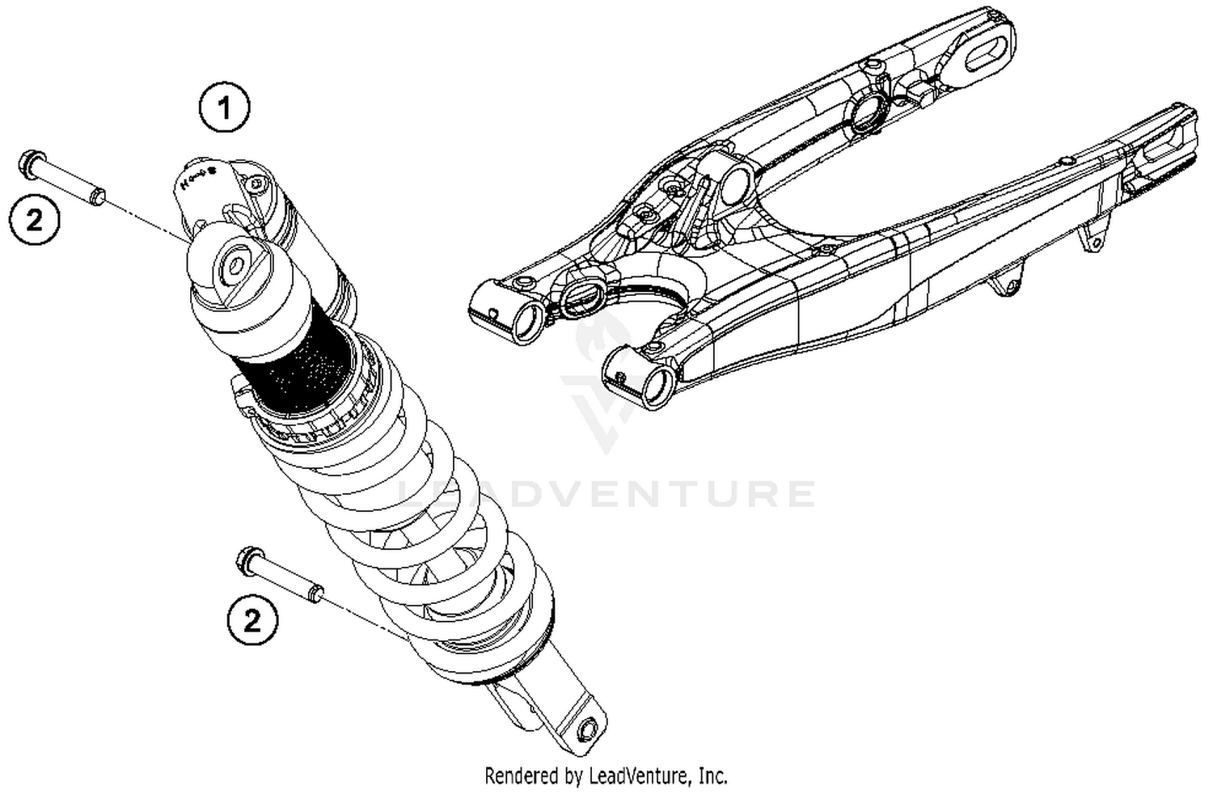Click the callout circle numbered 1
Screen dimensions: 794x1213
(225, 107)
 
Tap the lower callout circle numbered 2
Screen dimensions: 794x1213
(252, 621)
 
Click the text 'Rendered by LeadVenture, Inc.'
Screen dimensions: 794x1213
(606, 776)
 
